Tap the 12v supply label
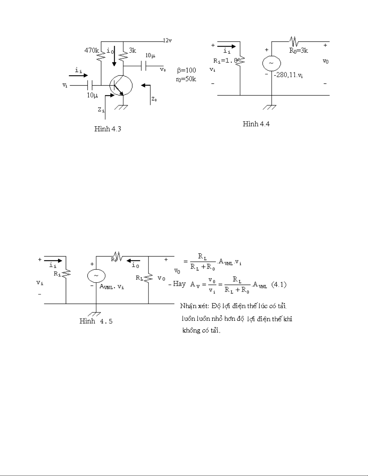point(167,41)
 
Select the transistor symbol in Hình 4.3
point(120,86)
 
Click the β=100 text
point(186,71)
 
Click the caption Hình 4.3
point(108,129)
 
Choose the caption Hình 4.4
point(256,124)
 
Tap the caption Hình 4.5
point(96,321)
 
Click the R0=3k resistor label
point(299,51)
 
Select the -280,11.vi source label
point(288,76)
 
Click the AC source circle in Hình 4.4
point(272,63)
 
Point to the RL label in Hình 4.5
point(139,278)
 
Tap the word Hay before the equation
point(179,284)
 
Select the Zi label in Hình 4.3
point(101,110)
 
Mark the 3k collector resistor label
point(132,51)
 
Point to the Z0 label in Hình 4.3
point(154,99)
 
